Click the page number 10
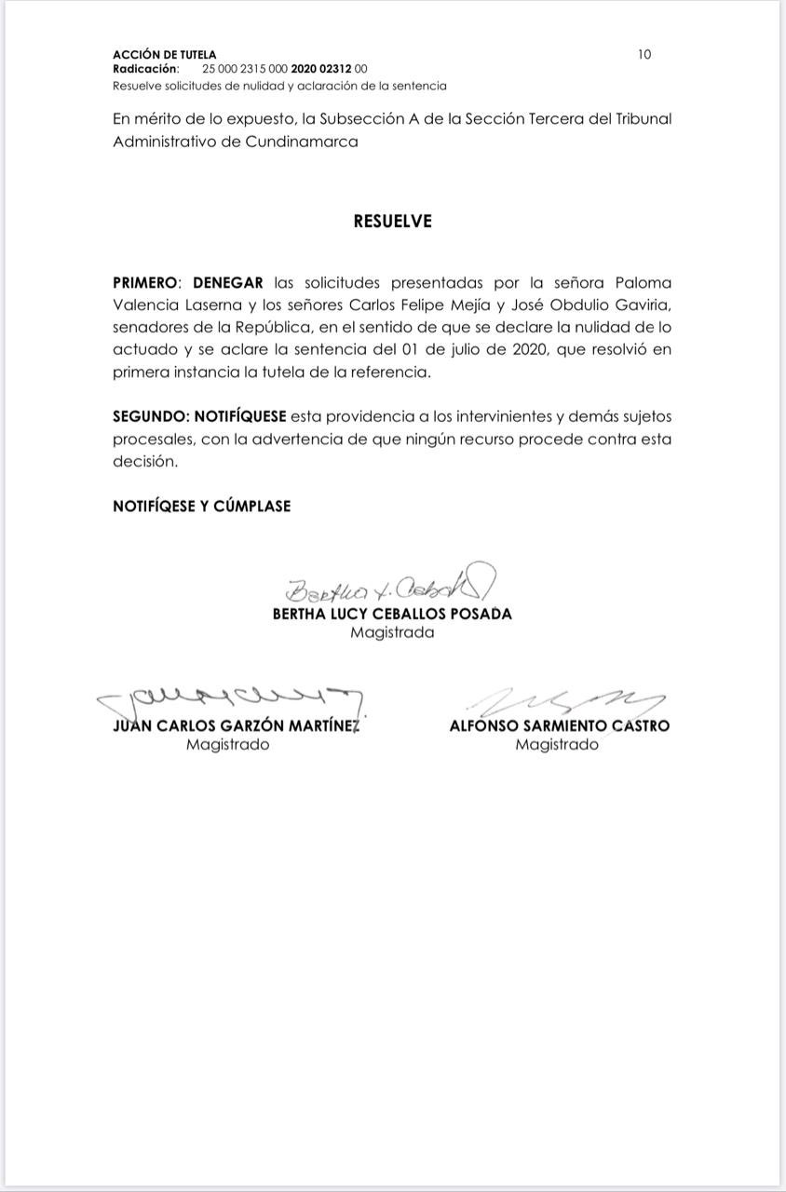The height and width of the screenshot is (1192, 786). tap(644, 54)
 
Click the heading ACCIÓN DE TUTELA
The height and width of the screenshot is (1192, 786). tap(164, 55)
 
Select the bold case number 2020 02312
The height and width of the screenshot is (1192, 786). tap(321, 69)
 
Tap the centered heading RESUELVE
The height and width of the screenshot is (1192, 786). tap(392, 222)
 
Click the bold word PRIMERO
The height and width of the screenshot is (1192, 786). tap(145, 282)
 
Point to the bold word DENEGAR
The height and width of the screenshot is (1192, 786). tap(228, 282)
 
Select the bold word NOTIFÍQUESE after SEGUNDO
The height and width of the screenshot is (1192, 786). tap(240, 416)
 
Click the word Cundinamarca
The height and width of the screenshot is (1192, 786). tap(302, 142)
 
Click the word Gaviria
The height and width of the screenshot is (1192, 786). tap(639, 305)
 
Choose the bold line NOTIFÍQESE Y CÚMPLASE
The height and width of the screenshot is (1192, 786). tap(201, 506)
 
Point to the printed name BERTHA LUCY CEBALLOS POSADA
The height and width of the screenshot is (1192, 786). tap(392, 614)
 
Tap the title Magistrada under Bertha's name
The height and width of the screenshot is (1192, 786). tap(392, 632)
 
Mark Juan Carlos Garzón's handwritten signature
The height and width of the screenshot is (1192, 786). tap(229, 698)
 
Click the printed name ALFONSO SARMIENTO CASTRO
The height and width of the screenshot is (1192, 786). tap(559, 725)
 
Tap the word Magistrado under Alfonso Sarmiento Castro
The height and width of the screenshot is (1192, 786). tap(557, 745)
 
